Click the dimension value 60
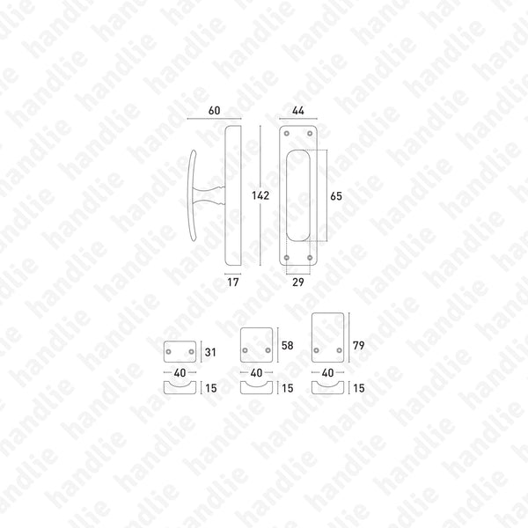[x=214, y=111]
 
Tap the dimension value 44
[x=298, y=111]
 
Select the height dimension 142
[x=260, y=195]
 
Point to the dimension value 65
[x=336, y=196]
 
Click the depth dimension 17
[x=232, y=282]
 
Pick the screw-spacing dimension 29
[x=298, y=282]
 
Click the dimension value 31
[x=210, y=352]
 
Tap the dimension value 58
[x=287, y=346]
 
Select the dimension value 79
[x=359, y=346]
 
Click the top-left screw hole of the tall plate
[x=287, y=134]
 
